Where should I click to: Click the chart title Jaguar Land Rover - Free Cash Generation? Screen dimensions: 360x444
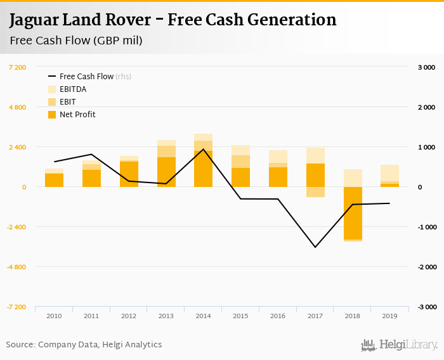(173, 20)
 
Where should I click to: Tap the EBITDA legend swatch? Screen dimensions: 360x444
(53, 89)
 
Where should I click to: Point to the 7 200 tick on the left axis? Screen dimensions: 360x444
(17, 67)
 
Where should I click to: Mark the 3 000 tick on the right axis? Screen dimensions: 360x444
(426, 67)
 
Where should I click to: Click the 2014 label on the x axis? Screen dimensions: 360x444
(203, 315)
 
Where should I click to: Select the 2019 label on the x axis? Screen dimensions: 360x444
(390, 315)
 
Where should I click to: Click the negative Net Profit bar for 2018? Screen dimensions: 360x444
(353, 213)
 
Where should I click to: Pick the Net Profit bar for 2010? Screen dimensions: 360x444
(54, 180)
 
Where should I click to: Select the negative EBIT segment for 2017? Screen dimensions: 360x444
(315, 192)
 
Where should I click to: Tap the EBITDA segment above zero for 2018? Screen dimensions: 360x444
(353, 178)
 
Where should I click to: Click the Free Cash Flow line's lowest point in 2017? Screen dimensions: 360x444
(315, 247)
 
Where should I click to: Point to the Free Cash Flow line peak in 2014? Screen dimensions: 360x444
(203, 150)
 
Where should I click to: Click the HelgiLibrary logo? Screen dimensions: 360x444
(399, 345)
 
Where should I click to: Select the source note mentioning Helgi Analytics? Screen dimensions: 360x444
(84, 345)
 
